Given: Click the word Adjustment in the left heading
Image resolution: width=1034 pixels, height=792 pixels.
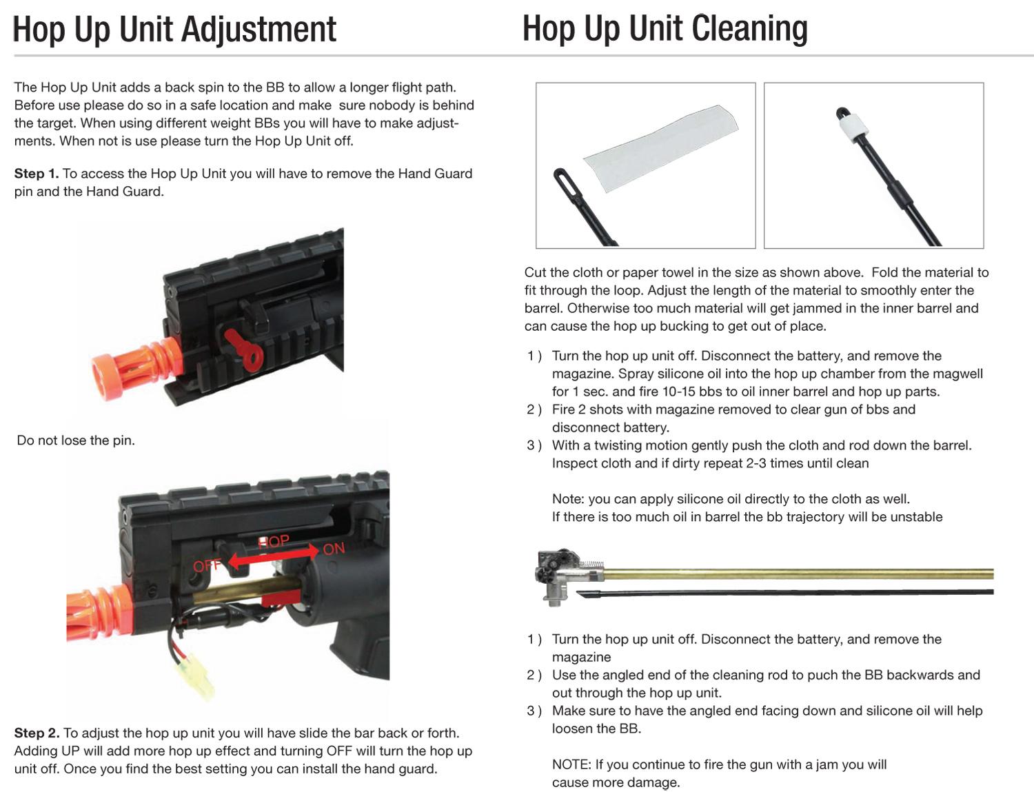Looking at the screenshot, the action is click(259, 30).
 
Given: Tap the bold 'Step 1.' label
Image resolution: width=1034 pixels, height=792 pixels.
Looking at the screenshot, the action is click(37, 174).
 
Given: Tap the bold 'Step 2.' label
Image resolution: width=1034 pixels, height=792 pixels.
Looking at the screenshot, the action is click(37, 733).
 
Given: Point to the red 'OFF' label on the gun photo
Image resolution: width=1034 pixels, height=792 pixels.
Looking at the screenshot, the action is click(207, 566).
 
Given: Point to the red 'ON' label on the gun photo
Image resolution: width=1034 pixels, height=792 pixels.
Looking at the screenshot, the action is click(334, 549).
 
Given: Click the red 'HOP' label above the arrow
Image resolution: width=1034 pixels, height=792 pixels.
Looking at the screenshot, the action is click(274, 541).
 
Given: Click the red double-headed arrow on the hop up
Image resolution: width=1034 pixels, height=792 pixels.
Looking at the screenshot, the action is click(274, 556).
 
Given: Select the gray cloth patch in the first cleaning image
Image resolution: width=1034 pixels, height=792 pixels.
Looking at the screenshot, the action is click(661, 148).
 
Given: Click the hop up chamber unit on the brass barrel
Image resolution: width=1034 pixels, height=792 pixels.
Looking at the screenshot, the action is click(569, 576).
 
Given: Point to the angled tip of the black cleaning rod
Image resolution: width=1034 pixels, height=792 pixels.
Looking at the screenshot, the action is click(578, 593).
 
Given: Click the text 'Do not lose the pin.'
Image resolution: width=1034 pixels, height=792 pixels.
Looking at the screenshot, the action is click(76, 440).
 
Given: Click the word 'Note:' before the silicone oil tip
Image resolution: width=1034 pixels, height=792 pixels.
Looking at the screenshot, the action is click(569, 499).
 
